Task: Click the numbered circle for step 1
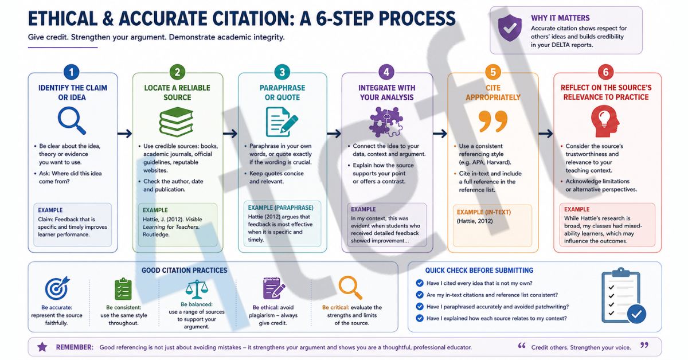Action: (x=72, y=72)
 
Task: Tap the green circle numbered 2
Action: (x=177, y=72)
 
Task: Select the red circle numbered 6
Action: (x=605, y=72)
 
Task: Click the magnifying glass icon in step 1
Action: (x=72, y=120)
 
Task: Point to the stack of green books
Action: (x=177, y=122)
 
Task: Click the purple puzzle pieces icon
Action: (x=386, y=122)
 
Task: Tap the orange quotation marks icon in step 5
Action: (x=492, y=122)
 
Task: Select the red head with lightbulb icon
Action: (x=605, y=121)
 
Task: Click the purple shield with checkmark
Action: (x=510, y=28)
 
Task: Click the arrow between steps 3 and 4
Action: (x=334, y=134)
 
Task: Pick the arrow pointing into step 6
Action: (x=546, y=134)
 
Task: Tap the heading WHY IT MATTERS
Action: (x=560, y=18)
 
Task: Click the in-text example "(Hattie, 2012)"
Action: (x=475, y=221)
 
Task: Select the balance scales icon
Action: (x=197, y=289)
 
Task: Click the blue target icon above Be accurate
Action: (x=57, y=288)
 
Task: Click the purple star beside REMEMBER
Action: (x=42, y=347)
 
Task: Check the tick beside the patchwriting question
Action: (x=420, y=307)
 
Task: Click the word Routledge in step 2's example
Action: (x=156, y=234)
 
